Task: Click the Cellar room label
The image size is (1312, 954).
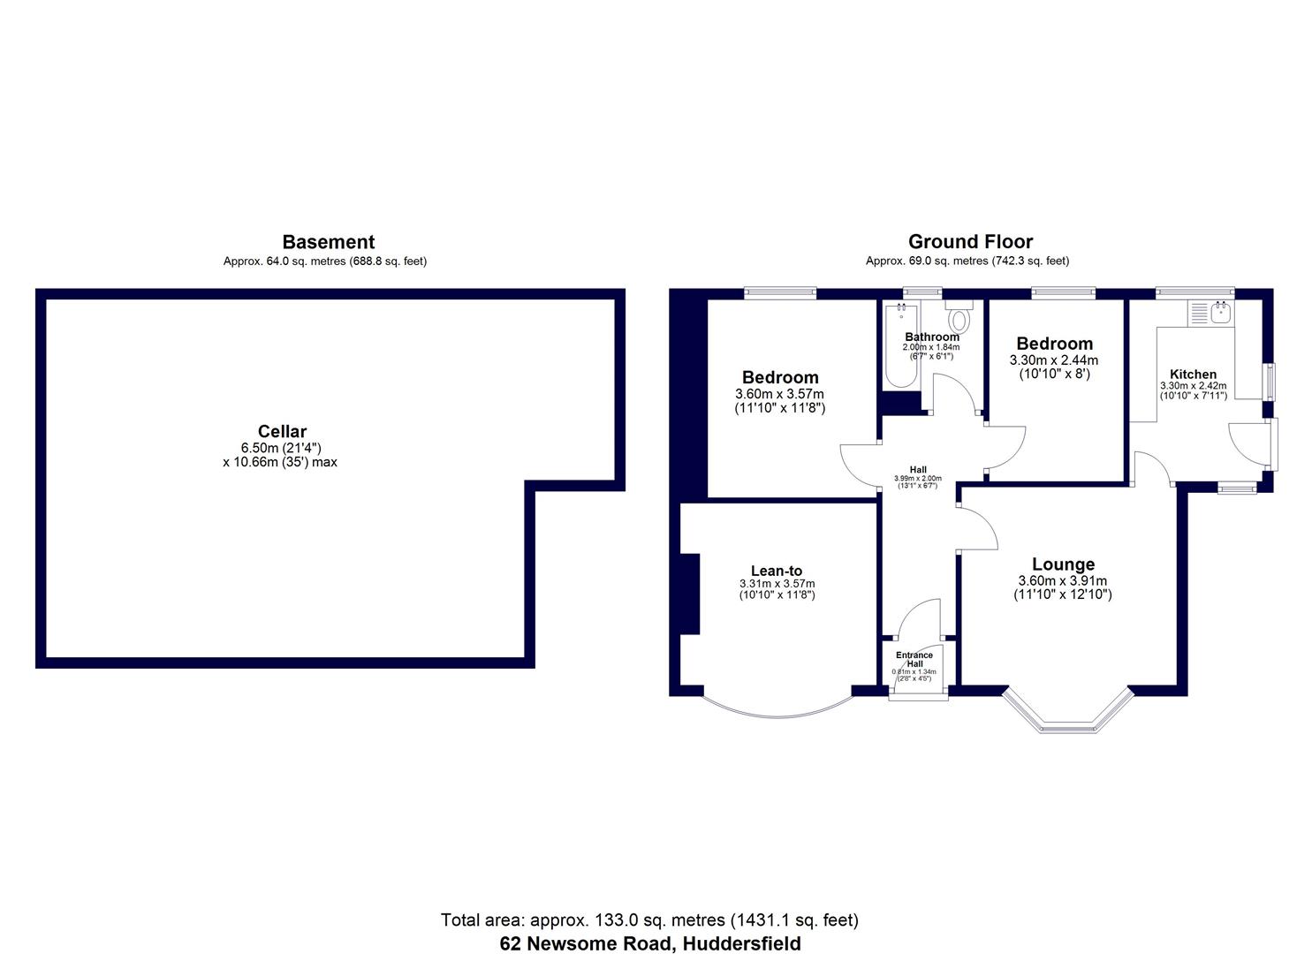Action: pos(282,431)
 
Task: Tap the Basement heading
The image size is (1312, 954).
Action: pos(328,242)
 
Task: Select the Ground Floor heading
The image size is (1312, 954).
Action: pos(970,242)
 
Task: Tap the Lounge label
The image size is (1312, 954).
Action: pos(1063,564)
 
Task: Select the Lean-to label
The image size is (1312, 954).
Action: pos(776,571)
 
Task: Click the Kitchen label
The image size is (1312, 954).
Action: pos(1193,374)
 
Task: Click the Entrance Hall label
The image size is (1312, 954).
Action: pos(914,660)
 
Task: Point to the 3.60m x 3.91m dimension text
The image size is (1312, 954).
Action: pos(1063,581)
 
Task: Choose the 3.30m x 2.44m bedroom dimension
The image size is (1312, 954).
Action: pos(1054,360)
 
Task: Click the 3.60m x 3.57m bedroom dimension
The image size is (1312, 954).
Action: pos(779,394)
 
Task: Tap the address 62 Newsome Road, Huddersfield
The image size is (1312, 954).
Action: pos(650,943)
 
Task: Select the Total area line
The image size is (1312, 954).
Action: pos(649,920)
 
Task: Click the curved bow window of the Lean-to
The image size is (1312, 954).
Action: pos(777,709)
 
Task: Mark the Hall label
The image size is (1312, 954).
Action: pos(918,470)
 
